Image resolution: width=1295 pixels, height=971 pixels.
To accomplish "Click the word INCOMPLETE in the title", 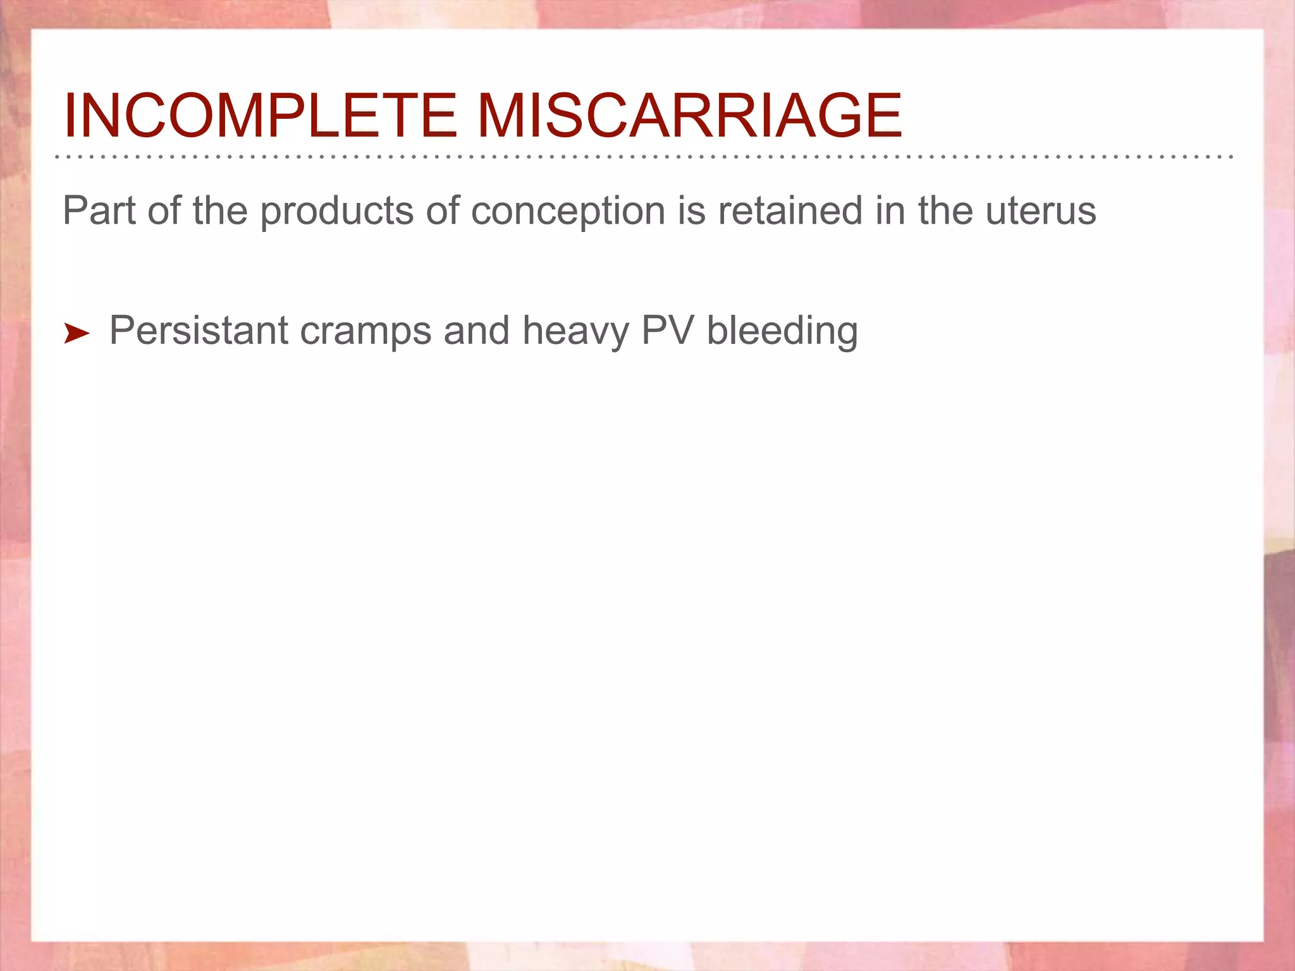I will click(259, 116).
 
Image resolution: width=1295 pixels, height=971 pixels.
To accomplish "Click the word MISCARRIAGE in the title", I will click(689, 116).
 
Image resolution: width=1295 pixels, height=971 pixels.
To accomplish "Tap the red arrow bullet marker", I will click(77, 333).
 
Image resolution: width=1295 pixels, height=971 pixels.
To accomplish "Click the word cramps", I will click(365, 331).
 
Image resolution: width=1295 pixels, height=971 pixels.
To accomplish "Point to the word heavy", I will click(575, 331).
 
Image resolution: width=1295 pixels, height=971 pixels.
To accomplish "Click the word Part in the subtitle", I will click(99, 211).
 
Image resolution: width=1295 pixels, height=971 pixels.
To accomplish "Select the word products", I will click(337, 212).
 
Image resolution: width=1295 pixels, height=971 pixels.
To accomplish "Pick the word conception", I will click(568, 212).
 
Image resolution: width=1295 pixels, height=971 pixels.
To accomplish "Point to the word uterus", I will click(1041, 212).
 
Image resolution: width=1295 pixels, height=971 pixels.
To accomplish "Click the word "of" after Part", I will click(164, 211).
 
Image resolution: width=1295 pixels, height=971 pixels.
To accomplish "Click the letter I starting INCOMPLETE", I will click(70, 116).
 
